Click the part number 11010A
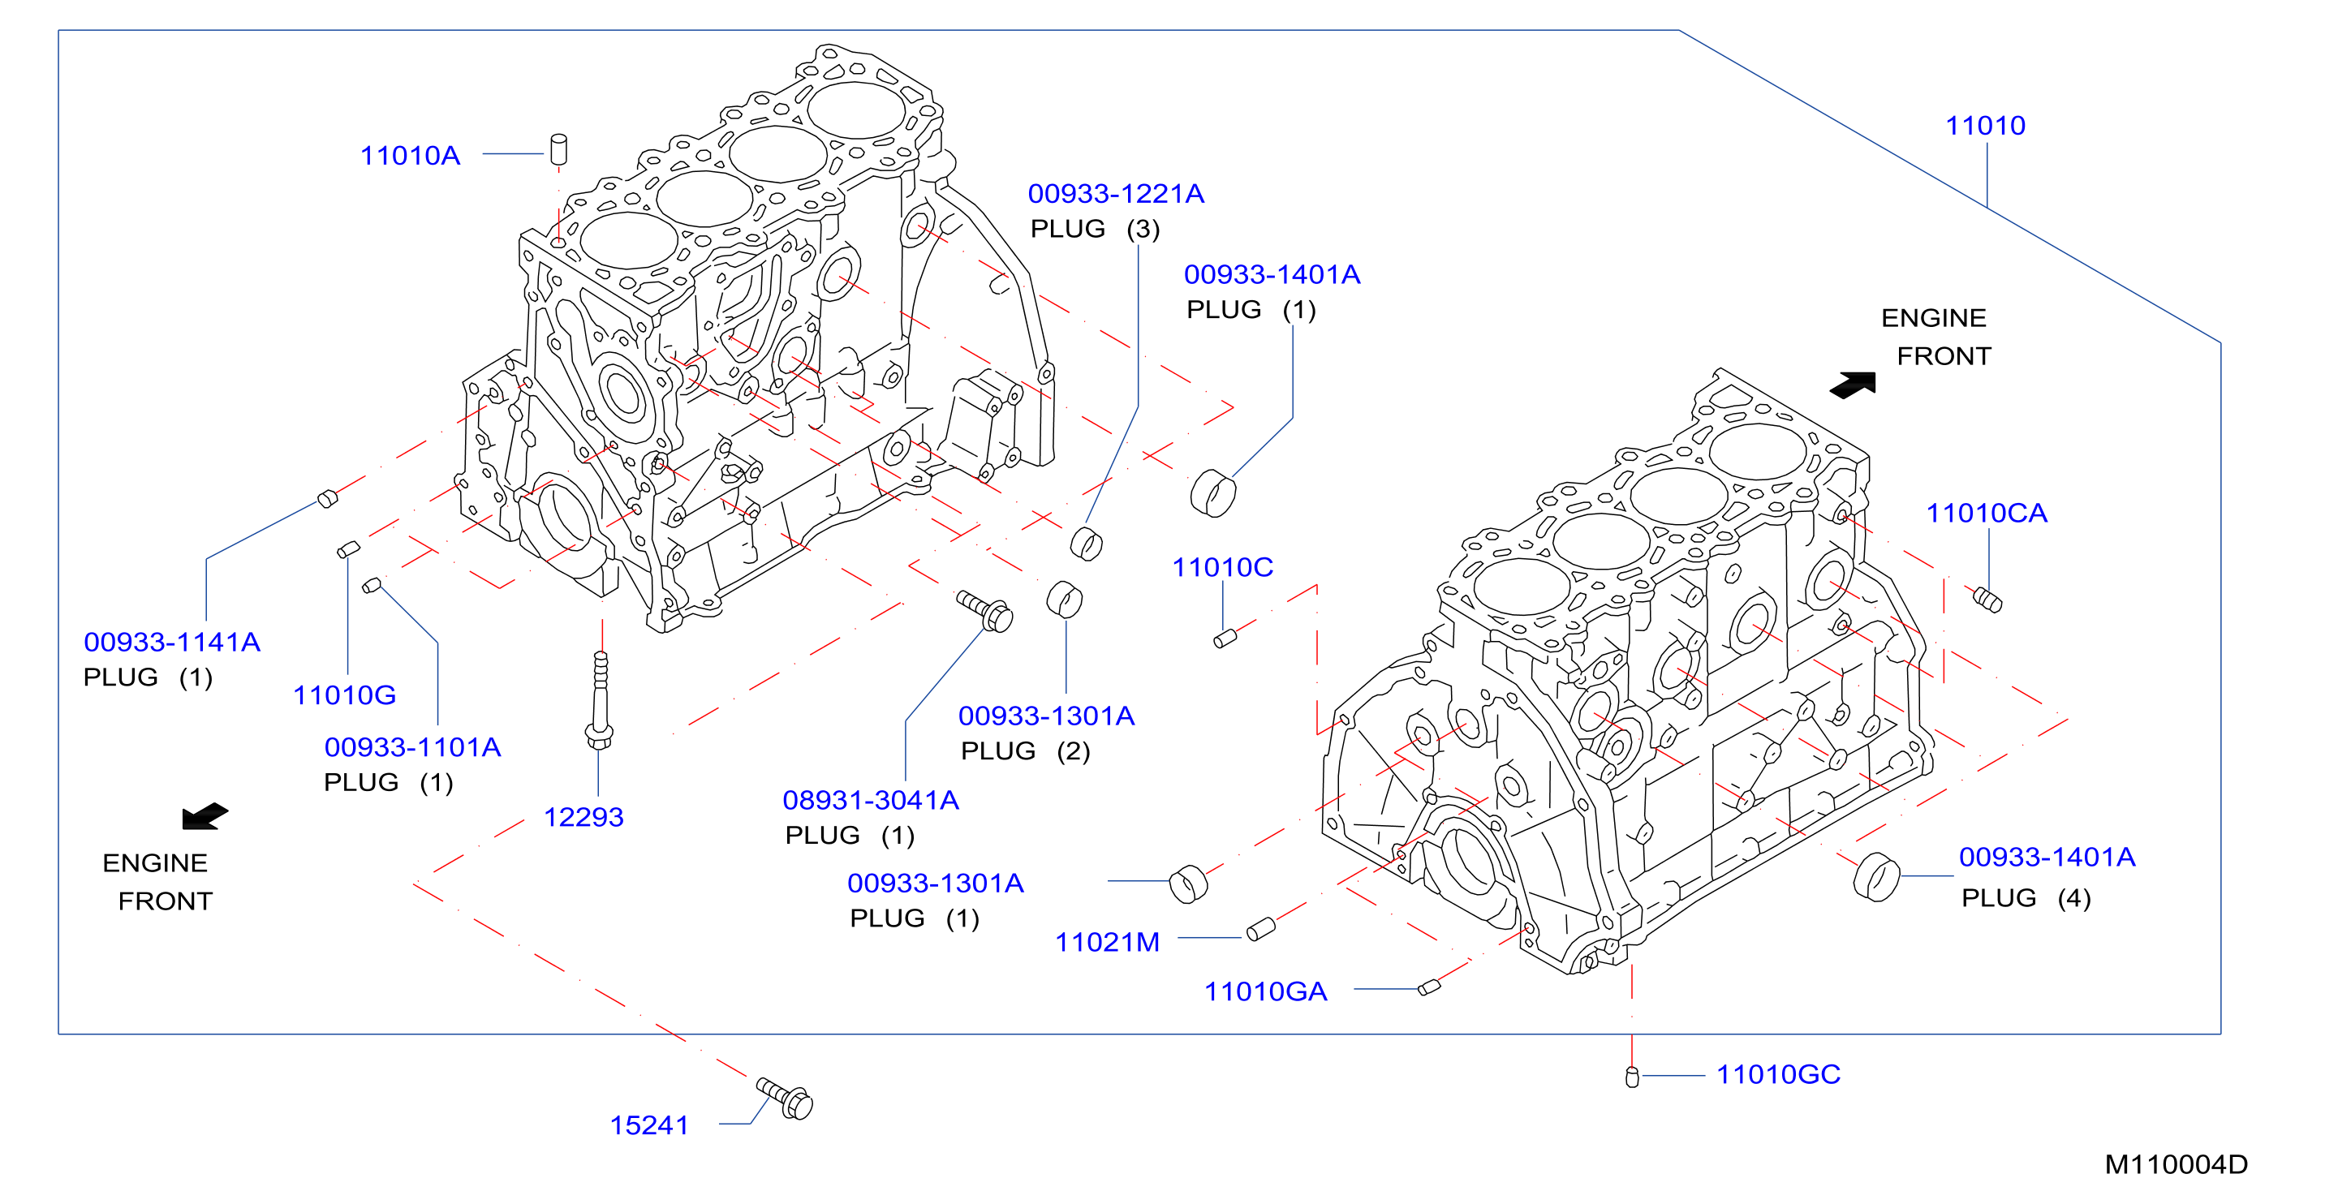point(411,155)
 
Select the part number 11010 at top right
point(1985,125)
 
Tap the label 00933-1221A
point(1116,193)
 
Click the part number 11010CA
point(1987,513)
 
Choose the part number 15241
point(649,1125)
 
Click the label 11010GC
point(1778,1074)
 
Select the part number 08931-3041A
point(871,799)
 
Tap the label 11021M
point(1107,942)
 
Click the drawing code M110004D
point(2177,1164)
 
